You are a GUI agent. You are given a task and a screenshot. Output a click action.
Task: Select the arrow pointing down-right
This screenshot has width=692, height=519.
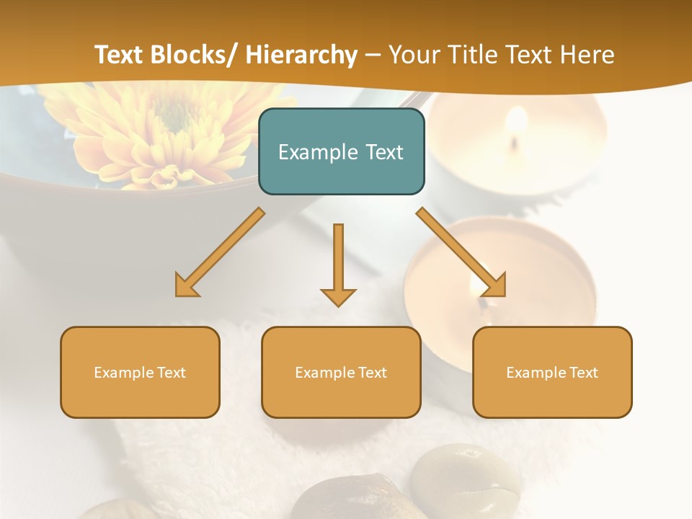tap(461, 252)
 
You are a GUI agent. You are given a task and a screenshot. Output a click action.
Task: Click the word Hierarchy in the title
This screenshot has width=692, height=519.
tap(301, 55)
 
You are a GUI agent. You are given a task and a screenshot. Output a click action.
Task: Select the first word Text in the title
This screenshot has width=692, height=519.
tap(118, 55)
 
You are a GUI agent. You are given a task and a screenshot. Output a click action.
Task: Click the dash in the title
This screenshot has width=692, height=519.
tap(373, 55)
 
